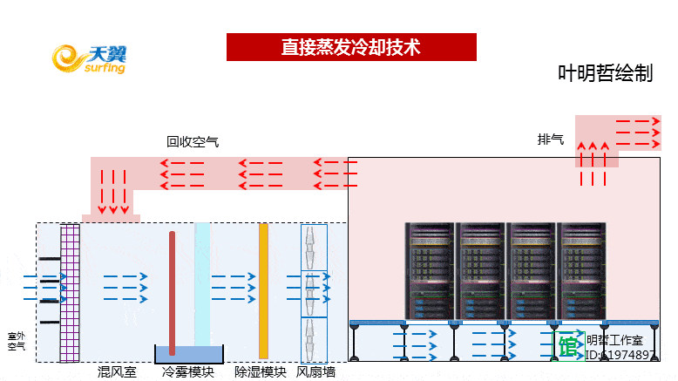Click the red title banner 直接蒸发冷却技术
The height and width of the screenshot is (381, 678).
click(351, 47)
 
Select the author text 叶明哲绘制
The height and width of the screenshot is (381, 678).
click(605, 74)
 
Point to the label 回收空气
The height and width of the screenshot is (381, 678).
click(193, 140)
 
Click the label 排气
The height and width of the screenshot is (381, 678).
click(550, 139)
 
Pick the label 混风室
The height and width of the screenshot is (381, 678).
click(117, 372)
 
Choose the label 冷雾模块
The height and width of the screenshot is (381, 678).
click(188, 372)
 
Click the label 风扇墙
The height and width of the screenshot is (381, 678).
click(315, 372)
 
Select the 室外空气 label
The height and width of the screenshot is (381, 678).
click(17, 341)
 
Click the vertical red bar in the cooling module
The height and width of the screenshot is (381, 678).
click(173, 291)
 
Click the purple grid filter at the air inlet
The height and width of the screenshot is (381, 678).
click(70, 292)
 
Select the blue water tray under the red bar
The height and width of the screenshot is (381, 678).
click(189, 354)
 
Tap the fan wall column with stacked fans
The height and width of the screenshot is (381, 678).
click(314, 292)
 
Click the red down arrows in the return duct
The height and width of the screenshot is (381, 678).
click(114, 192)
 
